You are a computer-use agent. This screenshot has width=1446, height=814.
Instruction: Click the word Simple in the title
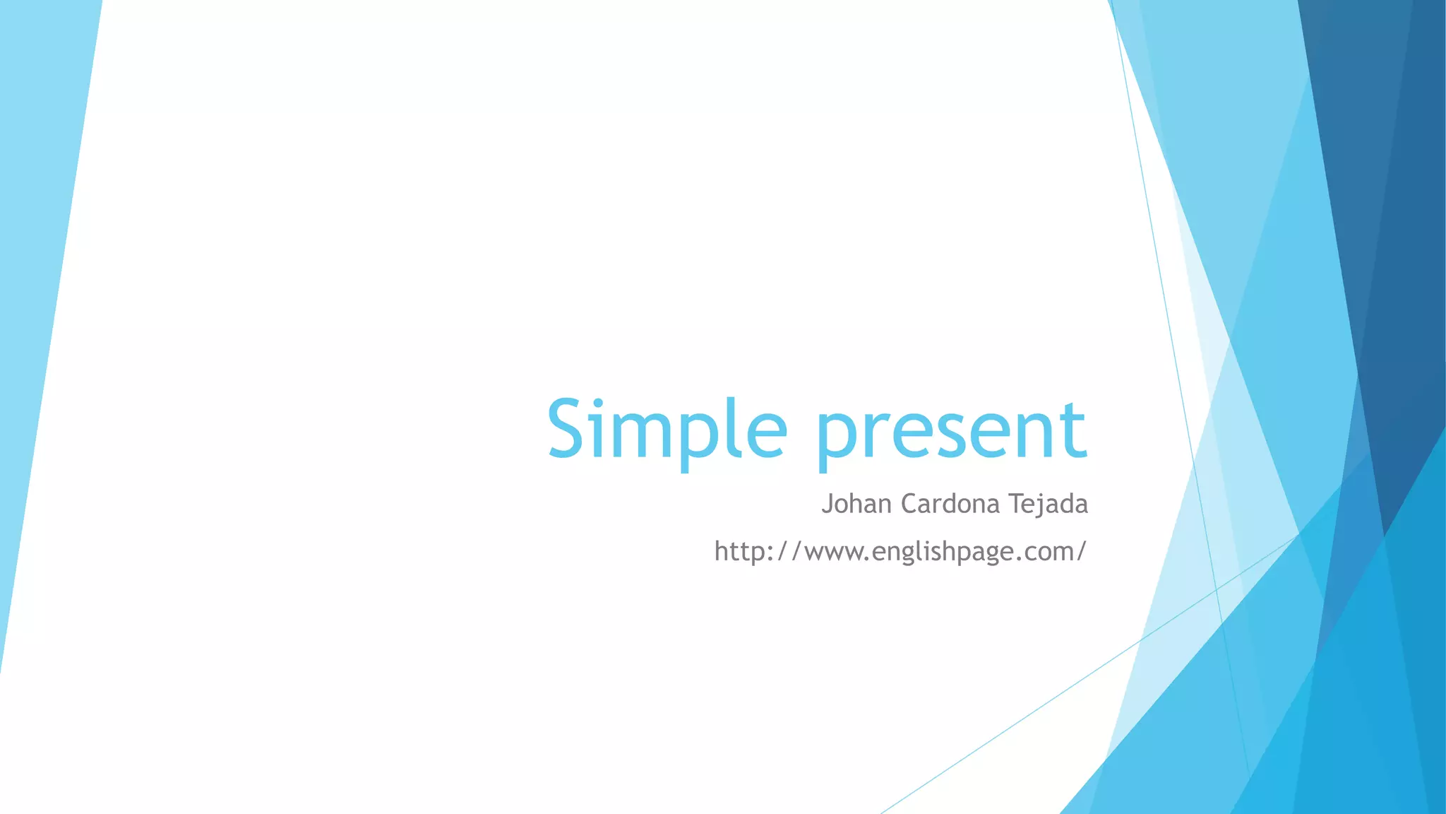[x=667, y=430]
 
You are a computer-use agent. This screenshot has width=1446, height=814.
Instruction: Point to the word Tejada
[x=1048, y=504]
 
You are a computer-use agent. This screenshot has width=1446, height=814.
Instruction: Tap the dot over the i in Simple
[x=599, y=403]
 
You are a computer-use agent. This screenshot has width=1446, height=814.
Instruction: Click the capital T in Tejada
[x=1015, y=503]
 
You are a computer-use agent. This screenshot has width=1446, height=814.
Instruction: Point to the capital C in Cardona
[x=910, y=504]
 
